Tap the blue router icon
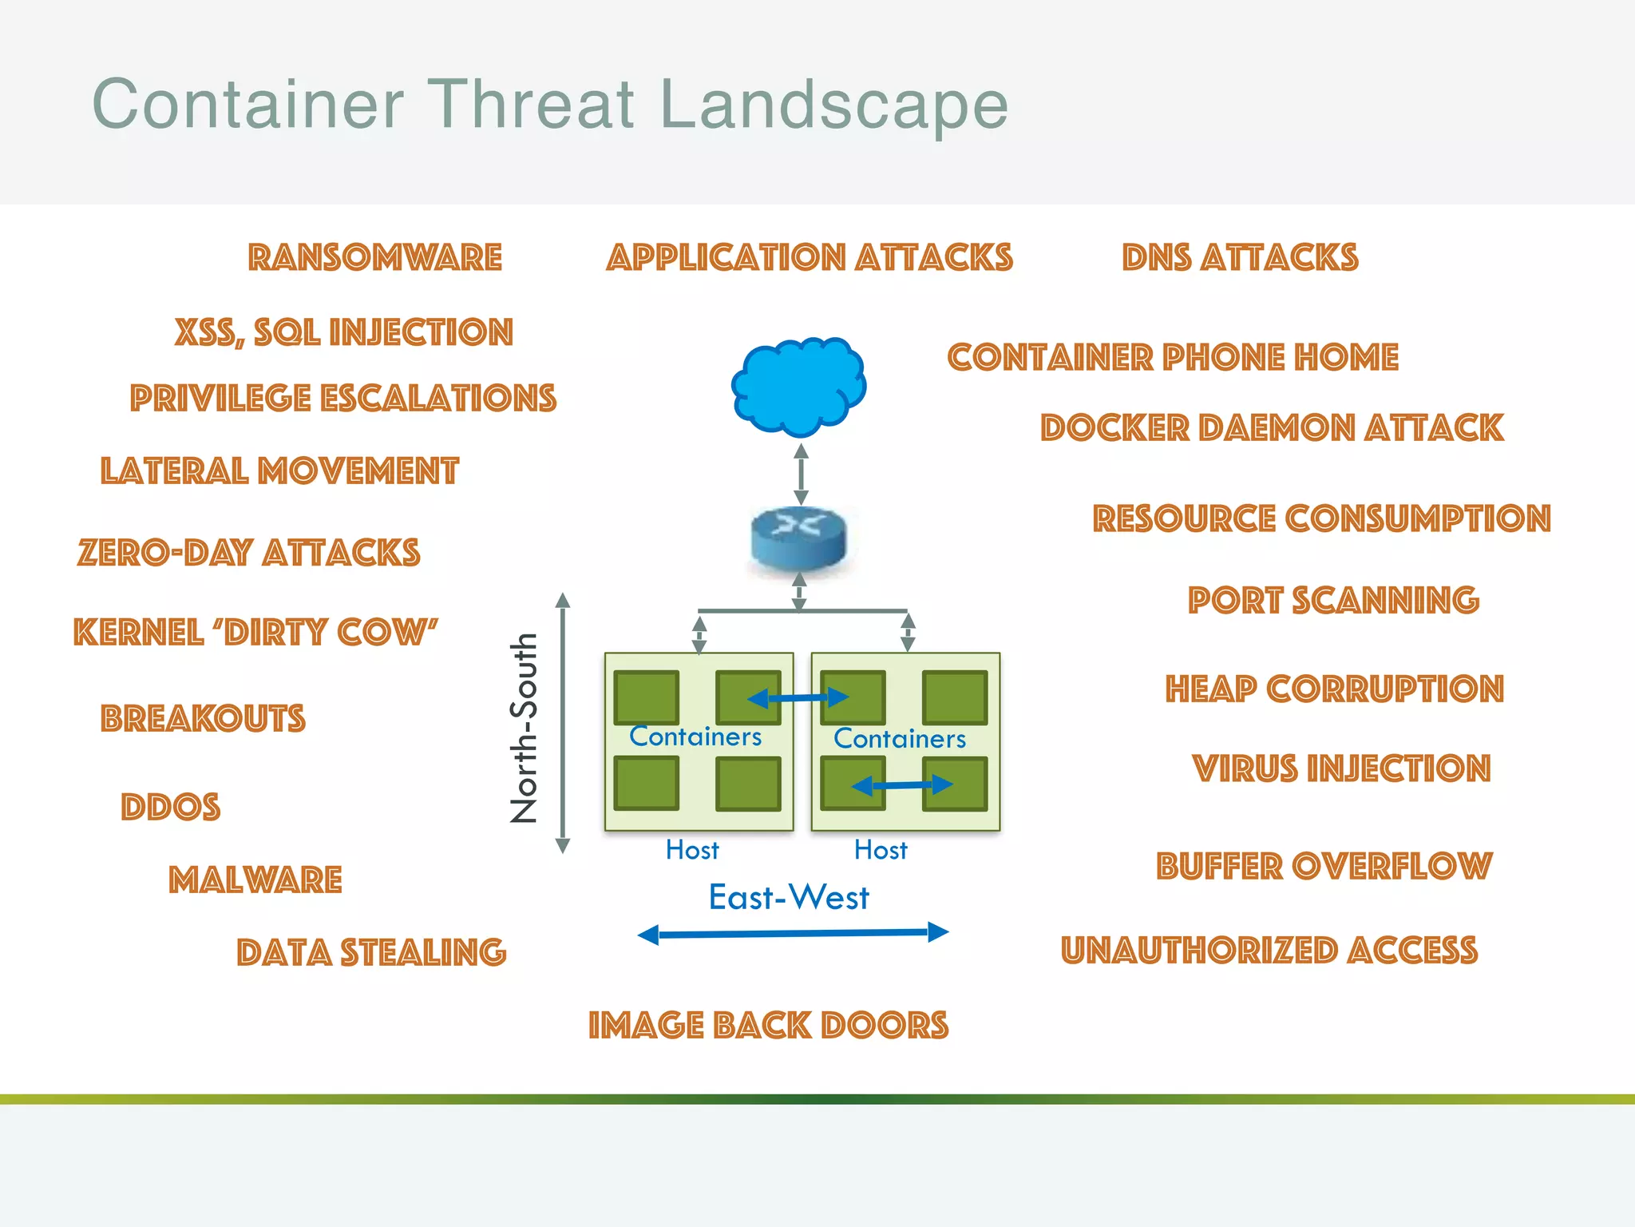(x=798, y=537)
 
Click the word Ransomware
(x=374, y=257)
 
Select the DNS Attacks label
(x=1240, y=257)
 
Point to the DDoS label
(x=170, y=807)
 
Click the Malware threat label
(x=255, y=880)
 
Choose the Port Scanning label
(x=1333, y=601)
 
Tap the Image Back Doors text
(x=768, y=1026)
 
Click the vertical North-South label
(x=525, y=728)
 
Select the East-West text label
(x=789, y=898)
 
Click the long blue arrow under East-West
(x=793, y=933)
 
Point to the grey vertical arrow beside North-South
(x=563, y=723)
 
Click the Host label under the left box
(x=692, y=850)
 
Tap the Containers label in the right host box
(x=900, y=739)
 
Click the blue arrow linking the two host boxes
(x=798, y=698)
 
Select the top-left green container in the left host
(x=647, y=697)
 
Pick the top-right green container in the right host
(x=955, y=697)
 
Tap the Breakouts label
(x=203, y=718)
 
